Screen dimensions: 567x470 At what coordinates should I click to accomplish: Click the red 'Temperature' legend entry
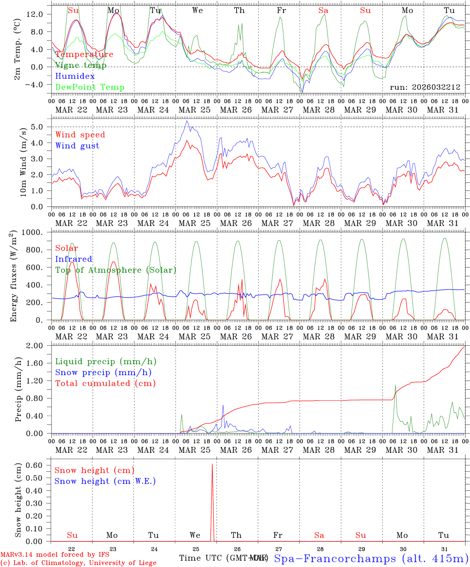coord(84,54)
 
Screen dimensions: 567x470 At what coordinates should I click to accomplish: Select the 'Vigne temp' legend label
coord(81,65)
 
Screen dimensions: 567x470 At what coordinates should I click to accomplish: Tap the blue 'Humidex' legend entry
coord(75,76)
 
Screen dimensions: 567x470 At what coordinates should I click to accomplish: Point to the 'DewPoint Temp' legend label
coord(90,87)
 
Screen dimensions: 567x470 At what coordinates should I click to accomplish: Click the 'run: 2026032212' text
coord(425,87)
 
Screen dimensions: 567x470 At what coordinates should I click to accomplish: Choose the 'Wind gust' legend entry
coord(77,146)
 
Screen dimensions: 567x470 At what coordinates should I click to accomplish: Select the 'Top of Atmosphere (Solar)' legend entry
coord(116,270)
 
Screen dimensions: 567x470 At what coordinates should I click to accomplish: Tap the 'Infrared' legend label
coord(74,259)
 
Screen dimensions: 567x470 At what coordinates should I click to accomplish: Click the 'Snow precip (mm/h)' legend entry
coord(104,372)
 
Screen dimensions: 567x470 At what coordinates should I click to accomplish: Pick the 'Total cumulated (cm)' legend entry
coord(105,384)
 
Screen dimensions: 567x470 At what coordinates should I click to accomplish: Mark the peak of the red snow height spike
coord(212,464)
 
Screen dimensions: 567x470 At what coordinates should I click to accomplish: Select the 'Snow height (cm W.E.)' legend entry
coord(105,481)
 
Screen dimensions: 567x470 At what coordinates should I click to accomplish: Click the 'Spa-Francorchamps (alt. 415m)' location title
coord(371,558)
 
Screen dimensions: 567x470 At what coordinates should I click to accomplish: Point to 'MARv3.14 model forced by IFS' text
coord(55,555)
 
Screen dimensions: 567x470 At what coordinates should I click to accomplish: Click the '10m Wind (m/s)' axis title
coord(23,162)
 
